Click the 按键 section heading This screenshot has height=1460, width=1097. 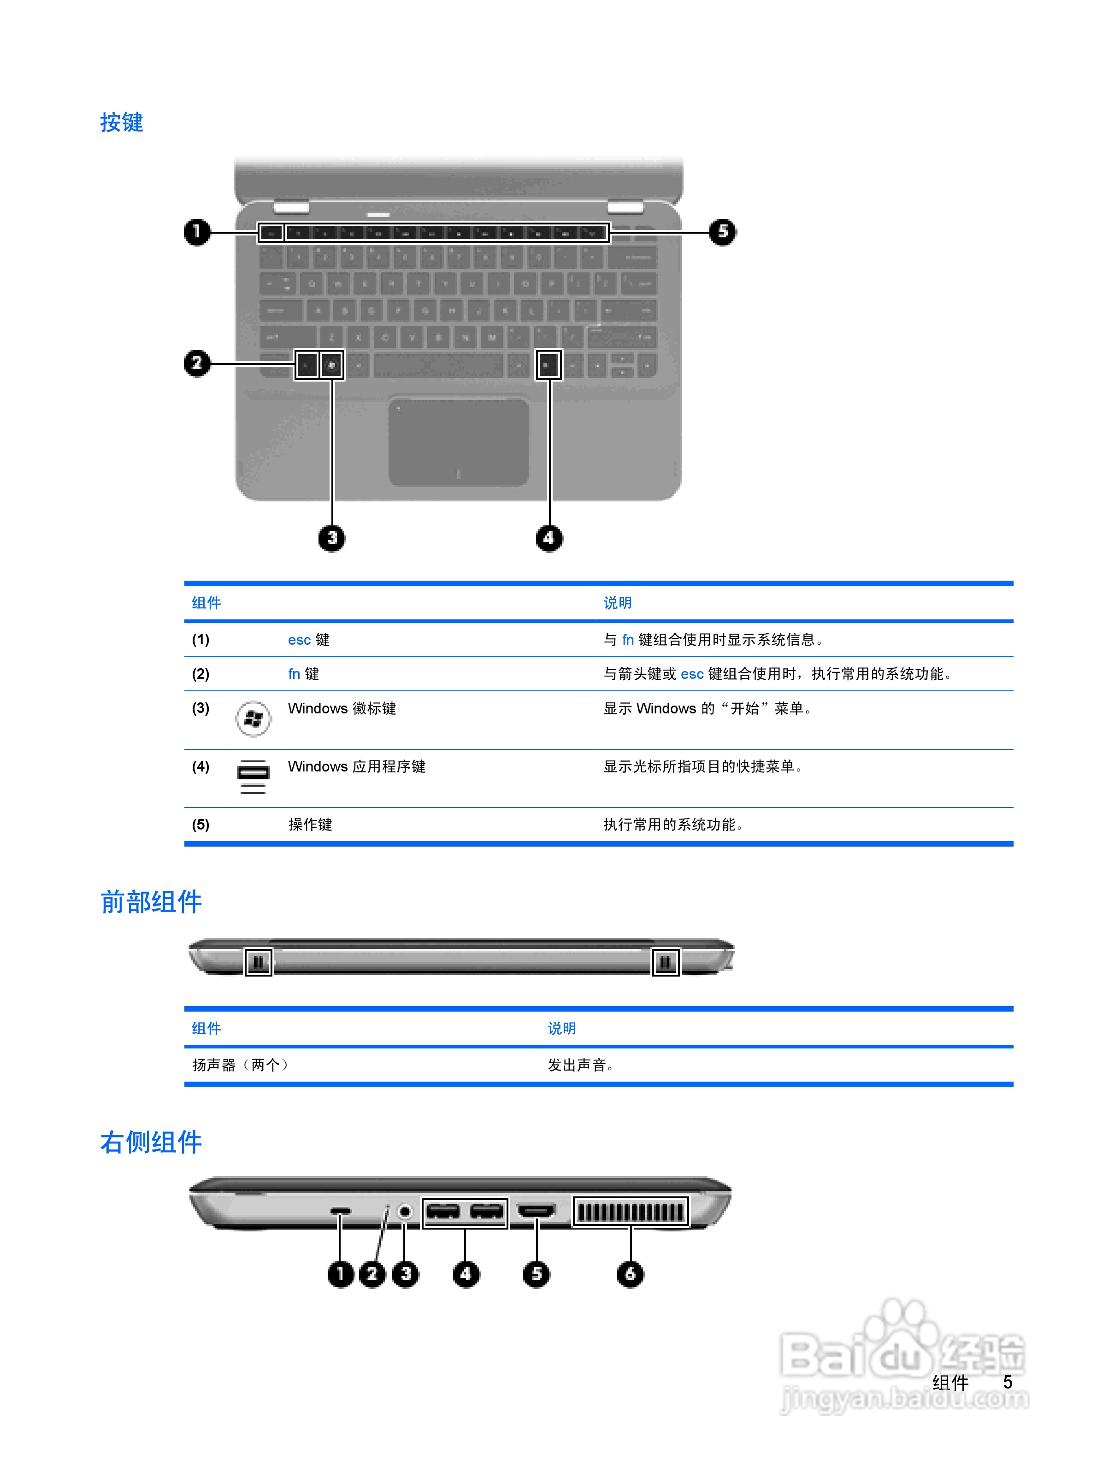point(121,122)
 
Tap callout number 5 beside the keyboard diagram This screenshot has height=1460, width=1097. point(722,232)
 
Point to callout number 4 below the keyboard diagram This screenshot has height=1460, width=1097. point(548,538)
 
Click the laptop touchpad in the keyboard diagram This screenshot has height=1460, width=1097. point(458,442)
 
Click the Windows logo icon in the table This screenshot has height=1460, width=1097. point(253,719)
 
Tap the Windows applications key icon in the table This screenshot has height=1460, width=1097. point(253,777)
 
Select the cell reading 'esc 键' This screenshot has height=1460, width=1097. point(308,640)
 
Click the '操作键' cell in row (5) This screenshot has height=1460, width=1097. point(310,824)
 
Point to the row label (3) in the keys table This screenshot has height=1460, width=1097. point(201,708)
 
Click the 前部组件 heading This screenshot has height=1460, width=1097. point(151,901)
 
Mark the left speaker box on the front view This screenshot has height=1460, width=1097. point(258,962)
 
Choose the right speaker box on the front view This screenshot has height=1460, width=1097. point(665,962)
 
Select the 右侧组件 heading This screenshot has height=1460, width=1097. point(151,1142)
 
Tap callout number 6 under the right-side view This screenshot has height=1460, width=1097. point(630,1273)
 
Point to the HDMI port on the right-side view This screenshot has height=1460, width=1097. point(536,1211)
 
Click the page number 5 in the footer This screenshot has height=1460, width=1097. point(1007,1382)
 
